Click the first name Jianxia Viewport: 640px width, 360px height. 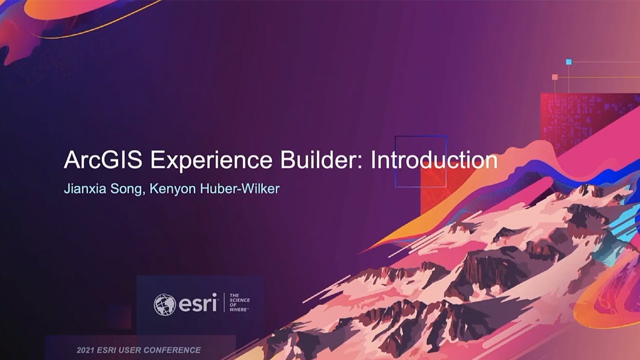(x=82, y=190)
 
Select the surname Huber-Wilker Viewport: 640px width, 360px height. (x=236, y=190)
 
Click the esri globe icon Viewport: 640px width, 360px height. (x=164, y=304)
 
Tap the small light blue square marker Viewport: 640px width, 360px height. (x=568, y=62)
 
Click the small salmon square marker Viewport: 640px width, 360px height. (x=554, y=77)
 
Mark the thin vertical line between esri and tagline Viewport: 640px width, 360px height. (x=223, y=303)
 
